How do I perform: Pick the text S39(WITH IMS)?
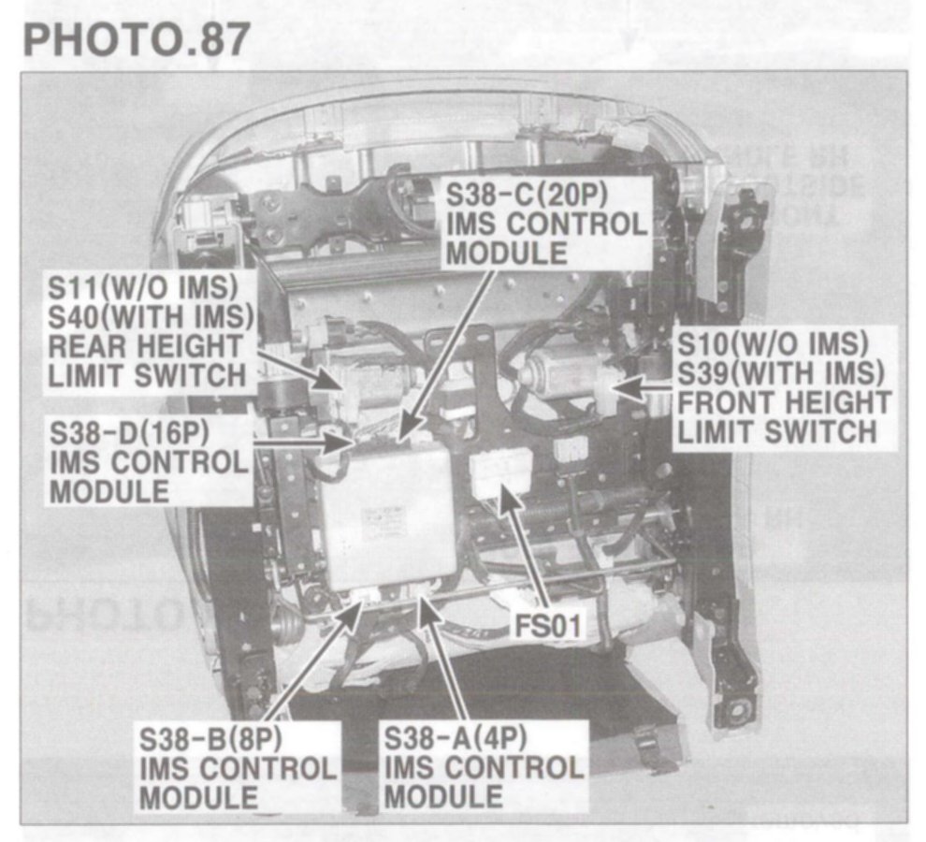pos(781,372)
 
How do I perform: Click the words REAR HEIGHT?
pos(144,345)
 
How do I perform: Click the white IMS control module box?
pos(388,519)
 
